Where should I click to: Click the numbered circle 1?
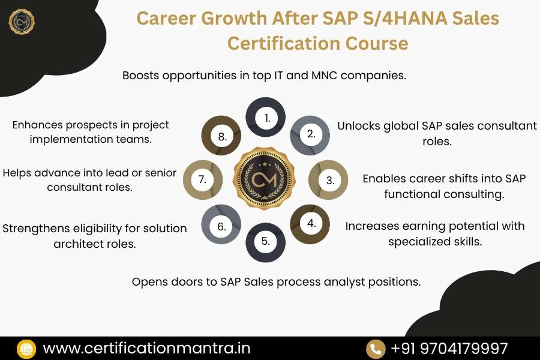[x=266, y=118]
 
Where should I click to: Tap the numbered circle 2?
[x=310, y=134]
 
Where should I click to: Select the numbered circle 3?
[x=329, y=180]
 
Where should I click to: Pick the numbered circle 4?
[x=310, y=224]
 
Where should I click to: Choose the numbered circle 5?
[x=266, y=242]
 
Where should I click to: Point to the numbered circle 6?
[x=221, y=226]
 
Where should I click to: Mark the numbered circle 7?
[x=202, y=179]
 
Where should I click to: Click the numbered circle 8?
[x=221, y=136]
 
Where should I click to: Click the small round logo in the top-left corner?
[x=22, y=22]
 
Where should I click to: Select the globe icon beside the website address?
[x=26, y=348]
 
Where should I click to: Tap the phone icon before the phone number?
[x=375, y=348]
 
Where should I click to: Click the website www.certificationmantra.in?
[x=146, y=348]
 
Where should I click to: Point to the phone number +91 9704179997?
[x=449, y=348]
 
